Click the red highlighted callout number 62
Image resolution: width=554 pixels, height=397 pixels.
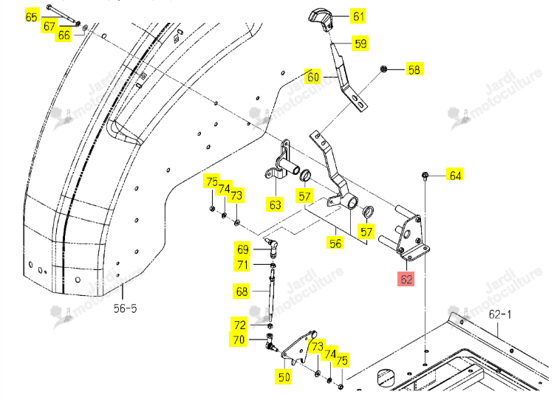tap(406, 279)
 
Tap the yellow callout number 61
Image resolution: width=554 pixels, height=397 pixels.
tap(358, 16)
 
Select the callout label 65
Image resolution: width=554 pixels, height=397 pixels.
tap(32, 16)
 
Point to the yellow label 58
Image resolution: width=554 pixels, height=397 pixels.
tap(414, 69)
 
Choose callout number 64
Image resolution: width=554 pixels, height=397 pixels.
tap(455, 176)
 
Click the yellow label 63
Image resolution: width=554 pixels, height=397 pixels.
tap(276, 205)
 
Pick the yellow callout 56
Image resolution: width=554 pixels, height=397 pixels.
tap(335, 243)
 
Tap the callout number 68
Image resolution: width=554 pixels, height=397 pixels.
tap(242, 291)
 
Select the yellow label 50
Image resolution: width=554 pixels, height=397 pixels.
tap(284, 377)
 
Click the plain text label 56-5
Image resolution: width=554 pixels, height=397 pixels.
tap(125, 308)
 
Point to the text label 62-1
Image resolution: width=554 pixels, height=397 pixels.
tap(500, 314)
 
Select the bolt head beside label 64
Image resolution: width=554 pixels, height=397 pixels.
tap(425, 176)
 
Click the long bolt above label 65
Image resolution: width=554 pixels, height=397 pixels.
tap(64, 15)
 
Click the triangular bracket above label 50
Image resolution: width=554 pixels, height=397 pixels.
tap(298, 348)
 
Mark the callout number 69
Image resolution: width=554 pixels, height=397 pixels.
tap(243, 249)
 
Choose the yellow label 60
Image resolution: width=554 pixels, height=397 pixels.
tap(313, 77)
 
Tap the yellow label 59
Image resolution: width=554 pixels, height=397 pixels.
tap(360, 44)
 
